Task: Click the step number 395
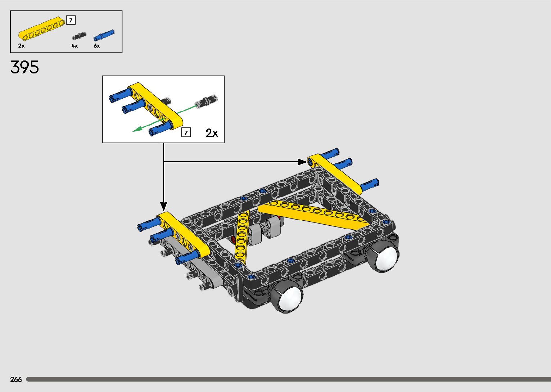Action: tap(24, 67)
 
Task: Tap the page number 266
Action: tap(16, 379)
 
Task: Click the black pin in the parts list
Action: tap(79, 36)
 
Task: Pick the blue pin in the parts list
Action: tap(104, 35)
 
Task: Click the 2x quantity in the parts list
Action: tap(22, 46)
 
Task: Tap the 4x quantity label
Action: tap(74, 46)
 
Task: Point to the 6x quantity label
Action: tap(97, 46)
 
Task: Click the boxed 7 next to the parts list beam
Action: tap(71, 20)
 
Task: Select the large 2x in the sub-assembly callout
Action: tap(212, 133)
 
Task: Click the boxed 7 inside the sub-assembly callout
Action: tap(186, 132)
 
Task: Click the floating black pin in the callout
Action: tap(206, 101)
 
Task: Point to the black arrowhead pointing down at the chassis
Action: tap(164, 207)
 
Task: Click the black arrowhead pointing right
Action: tap(302, 162)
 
